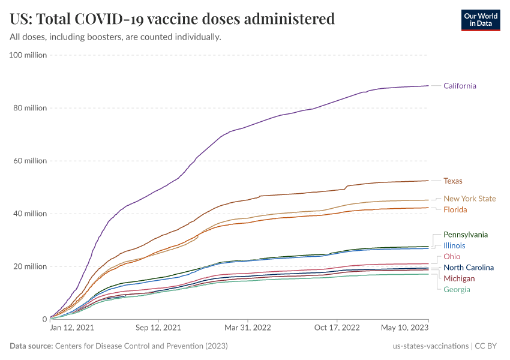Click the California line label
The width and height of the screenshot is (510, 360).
460,86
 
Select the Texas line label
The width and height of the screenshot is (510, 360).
453,181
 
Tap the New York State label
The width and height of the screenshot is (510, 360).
470,199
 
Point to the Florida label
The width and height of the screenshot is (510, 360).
455,209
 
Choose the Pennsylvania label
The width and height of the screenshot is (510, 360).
466,235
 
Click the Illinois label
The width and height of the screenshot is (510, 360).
454,245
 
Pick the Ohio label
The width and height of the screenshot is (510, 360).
452,257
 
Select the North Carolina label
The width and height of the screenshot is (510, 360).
469,268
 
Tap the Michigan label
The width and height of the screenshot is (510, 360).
459,278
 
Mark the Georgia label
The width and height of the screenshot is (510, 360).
457,290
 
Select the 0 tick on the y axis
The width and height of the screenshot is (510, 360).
44,319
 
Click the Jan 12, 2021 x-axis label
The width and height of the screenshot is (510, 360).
72,328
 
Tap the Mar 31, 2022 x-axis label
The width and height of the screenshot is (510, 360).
247,328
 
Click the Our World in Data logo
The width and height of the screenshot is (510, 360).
481,20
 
